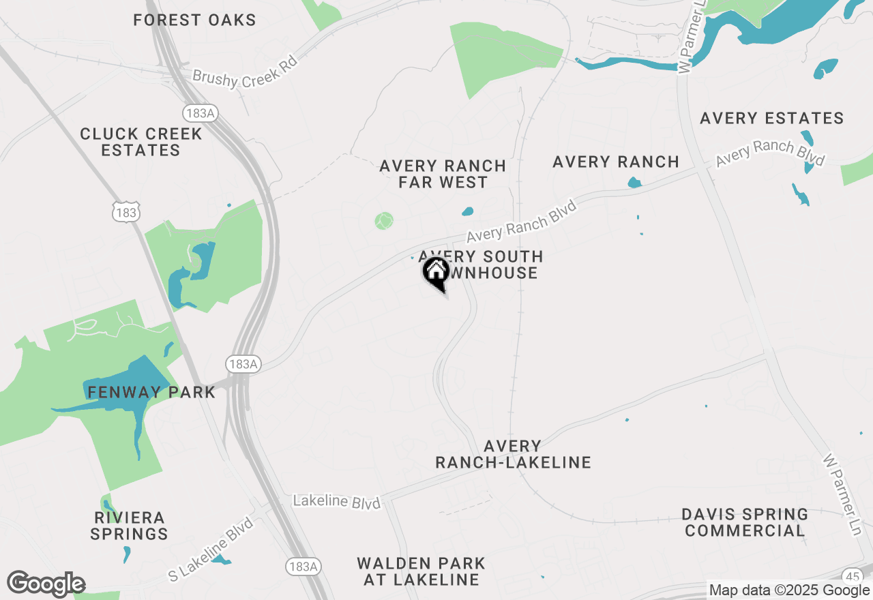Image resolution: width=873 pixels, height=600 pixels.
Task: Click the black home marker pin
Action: pos(436,273)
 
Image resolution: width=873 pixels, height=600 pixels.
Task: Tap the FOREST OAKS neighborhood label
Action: pos(194,20)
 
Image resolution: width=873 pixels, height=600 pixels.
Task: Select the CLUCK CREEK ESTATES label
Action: pos(141,142)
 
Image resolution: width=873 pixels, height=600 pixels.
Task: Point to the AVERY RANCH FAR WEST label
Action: pos(443,174)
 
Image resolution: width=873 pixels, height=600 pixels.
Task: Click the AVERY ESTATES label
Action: pos(772,119)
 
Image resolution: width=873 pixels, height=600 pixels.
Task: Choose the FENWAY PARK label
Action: pos(151,392)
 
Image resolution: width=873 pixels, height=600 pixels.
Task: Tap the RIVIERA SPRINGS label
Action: pos(129,526)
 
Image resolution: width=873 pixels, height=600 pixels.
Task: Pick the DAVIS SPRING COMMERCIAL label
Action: pos(745,522)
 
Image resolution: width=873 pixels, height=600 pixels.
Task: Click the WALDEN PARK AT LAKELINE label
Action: pos(421,572)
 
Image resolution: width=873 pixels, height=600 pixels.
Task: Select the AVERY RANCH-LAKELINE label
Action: pos(513,454)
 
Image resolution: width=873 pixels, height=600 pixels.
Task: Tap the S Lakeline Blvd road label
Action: pos(211,550)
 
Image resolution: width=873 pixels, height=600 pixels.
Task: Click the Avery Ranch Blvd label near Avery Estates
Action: pos(770,152)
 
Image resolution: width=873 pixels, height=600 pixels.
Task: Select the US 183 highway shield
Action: pos(127,213)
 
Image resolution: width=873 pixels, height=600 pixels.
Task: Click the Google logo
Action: pos(46,584)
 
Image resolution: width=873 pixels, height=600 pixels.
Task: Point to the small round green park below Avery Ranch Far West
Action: pos(384,220)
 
